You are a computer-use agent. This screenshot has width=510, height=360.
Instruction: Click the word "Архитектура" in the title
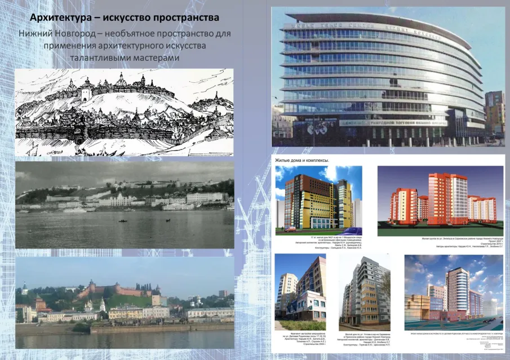click(61, 17)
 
